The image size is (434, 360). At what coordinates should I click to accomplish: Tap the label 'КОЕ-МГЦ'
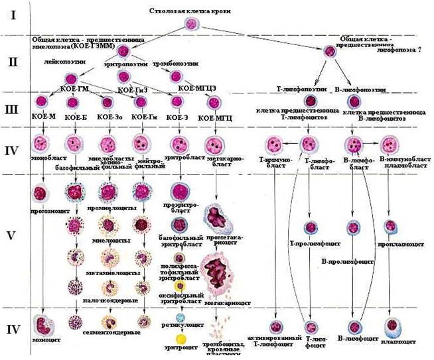pos(214,118)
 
